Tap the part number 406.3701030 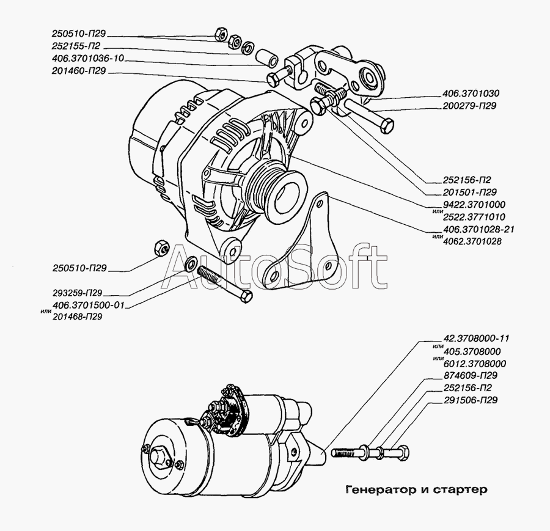(x=471, y=94)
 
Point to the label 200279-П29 (x=469, y=106)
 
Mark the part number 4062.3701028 (x=474, y=241)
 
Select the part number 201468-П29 (x=77, y=317)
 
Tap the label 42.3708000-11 (x=474, y=339)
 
